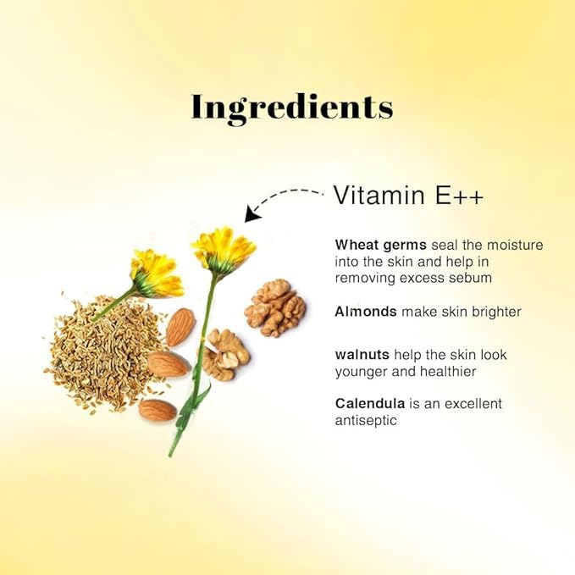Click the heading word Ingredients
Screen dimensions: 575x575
292,108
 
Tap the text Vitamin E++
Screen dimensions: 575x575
408,195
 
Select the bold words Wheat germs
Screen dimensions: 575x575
380,245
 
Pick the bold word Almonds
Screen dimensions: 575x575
366,312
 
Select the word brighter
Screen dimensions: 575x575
492,312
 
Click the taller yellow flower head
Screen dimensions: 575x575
224,246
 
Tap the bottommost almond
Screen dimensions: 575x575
158,410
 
